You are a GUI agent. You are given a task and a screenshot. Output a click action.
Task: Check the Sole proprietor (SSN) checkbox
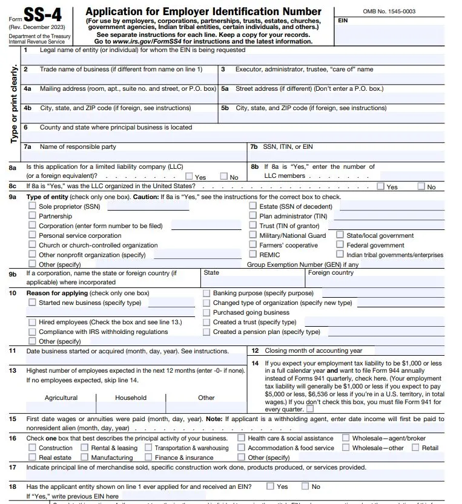tap(33, 206)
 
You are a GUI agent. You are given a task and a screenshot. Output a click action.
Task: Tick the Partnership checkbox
tap(33, 216)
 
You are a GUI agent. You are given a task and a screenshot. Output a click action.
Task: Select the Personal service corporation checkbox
tap(33, 235)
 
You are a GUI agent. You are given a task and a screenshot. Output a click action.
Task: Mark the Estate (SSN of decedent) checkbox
tap(253, 206)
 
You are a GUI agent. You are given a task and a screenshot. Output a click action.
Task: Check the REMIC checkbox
tap(253, 255)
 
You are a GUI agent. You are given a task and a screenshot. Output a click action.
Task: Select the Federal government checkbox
tap(341, 245)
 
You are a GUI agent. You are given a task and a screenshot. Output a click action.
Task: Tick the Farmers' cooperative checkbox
tap(253, 245)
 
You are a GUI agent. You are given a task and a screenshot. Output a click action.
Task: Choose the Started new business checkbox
tap(33, 303)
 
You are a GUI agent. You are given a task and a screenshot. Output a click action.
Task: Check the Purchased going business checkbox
tap(206, 312)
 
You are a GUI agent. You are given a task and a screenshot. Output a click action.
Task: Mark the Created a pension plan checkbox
tap(206, 332)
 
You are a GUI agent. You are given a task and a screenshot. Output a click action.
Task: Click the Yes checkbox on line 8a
tap(189, 177)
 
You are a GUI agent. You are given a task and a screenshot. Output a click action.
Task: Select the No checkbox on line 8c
tap(421, 186)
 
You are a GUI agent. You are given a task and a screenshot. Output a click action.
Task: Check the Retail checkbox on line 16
tap(415, 448)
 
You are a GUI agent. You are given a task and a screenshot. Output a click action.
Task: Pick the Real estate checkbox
tap(33, 457)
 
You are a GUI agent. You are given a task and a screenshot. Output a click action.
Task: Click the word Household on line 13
tap(131, 398)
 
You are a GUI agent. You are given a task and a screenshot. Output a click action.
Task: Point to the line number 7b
tap(254, 147)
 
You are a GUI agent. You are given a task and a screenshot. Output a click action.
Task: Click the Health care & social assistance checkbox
tap(242, 438)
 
